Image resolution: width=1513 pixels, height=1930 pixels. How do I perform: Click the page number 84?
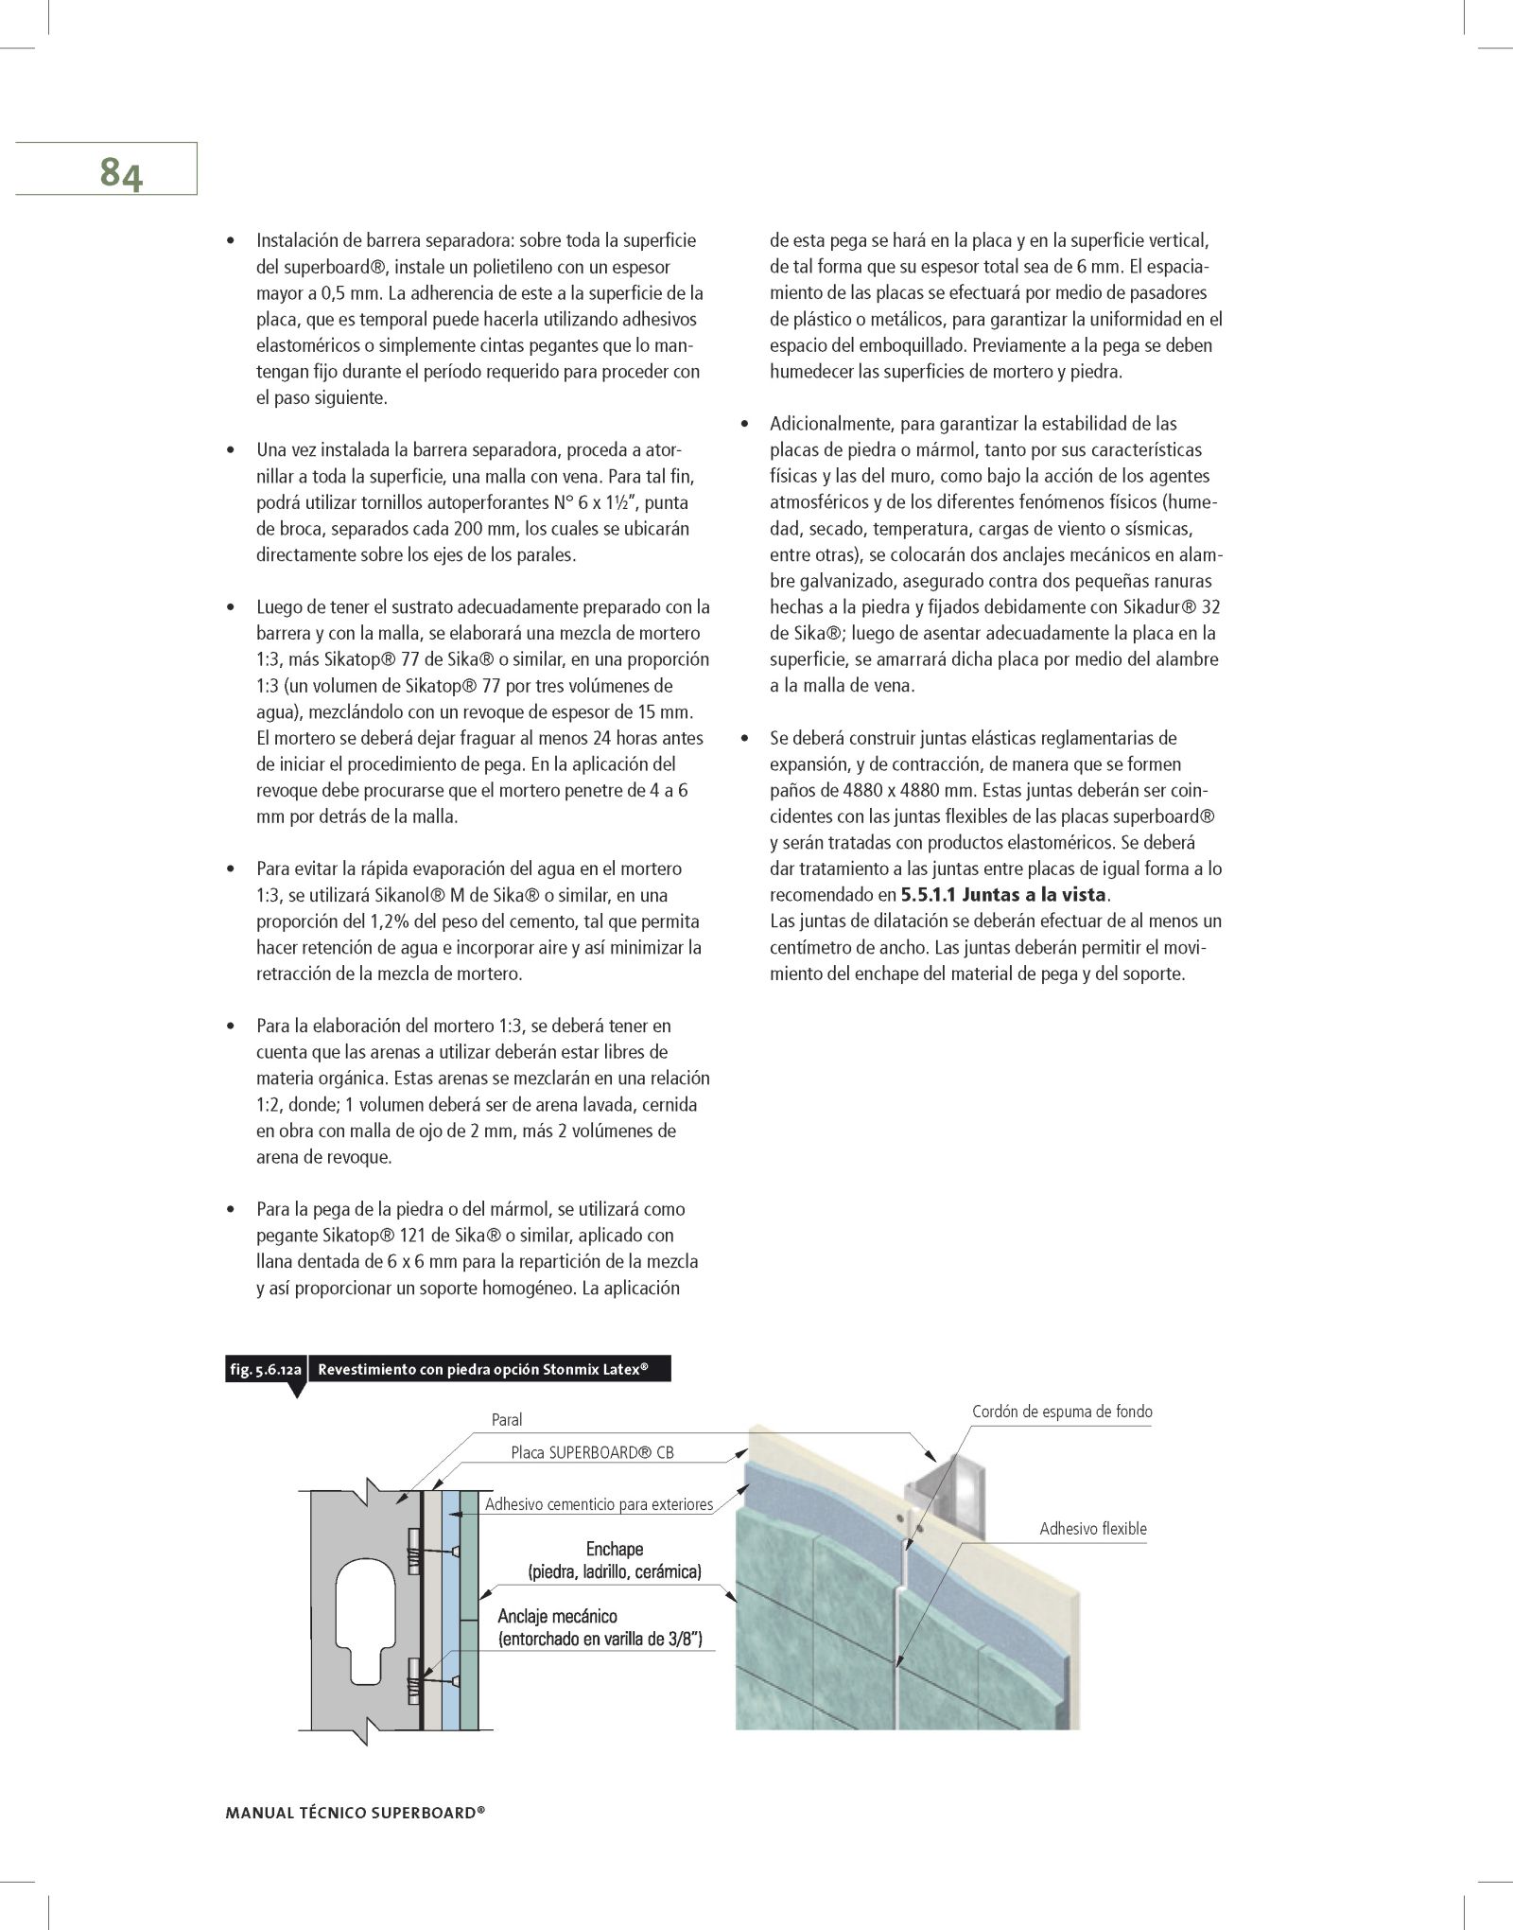tap(120, 174)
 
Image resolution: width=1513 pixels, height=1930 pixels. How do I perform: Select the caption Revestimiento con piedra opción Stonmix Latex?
tap(482, 1369)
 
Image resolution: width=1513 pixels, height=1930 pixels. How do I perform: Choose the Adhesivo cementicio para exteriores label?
tap(599, 1504)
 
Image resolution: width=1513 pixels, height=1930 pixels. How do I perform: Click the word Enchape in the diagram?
tap(615, 1549)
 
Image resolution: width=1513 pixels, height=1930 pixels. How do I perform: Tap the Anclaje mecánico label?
tap(558, 1616)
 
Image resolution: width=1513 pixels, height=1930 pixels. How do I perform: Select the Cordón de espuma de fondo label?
tap(1062, 1412)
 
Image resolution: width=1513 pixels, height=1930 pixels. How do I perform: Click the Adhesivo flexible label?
tap(1092, 1528)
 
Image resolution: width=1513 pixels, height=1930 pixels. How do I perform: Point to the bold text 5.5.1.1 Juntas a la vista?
tap(1003, 894)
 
